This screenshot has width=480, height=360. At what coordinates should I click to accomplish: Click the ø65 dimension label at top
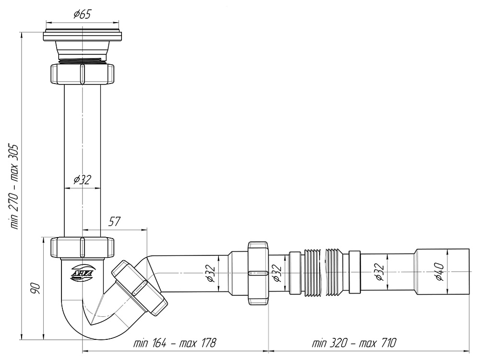[x=83, y=14]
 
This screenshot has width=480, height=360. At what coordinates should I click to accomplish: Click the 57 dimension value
[x=114, y=221]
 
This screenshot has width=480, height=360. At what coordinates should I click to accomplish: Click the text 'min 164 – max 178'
[x=175, y=344]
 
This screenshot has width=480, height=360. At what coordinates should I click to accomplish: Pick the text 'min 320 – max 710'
[x=354, y=344]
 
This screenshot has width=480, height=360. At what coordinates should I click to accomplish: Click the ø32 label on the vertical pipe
[x=82, y=180]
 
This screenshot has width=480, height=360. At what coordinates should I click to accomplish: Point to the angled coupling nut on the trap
[x=140, y=288]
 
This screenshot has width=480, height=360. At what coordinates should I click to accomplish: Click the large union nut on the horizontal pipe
[x=258, y=273]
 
